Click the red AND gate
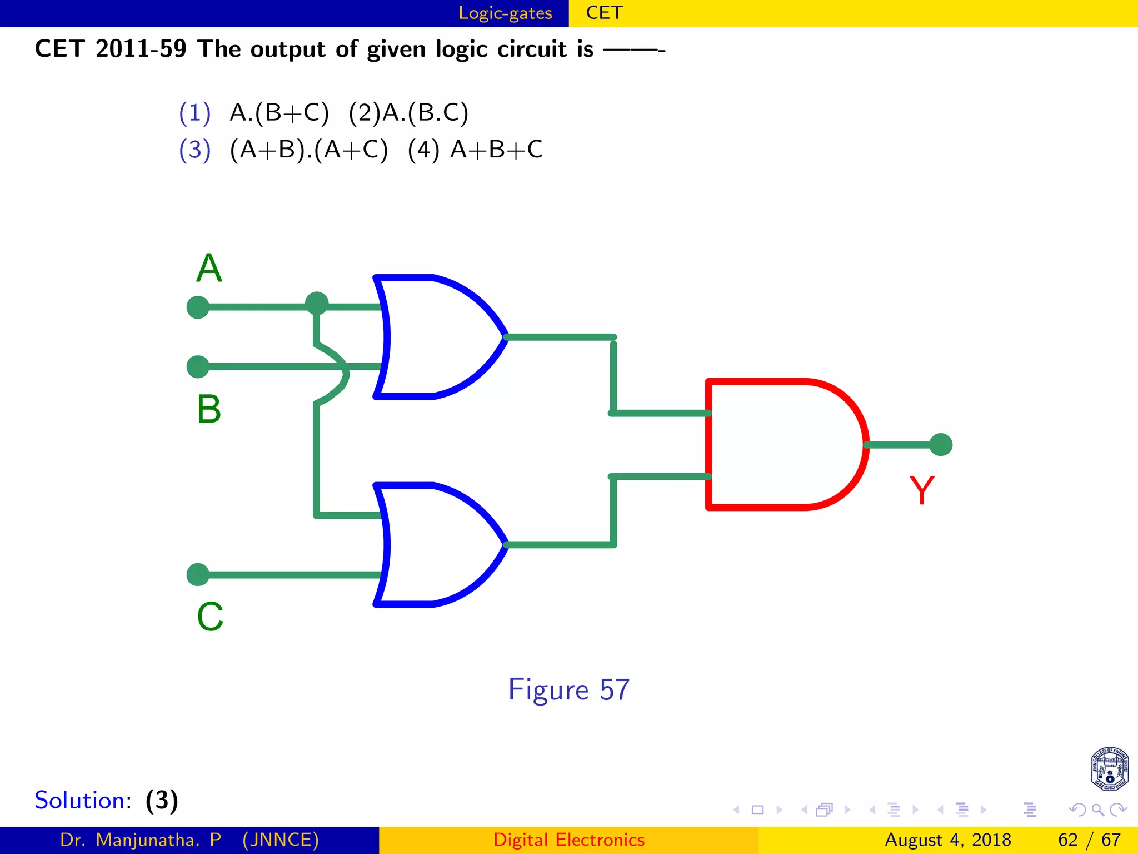(783, 444)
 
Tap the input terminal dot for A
(198, 307)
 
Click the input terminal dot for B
(198, 367)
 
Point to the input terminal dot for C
(198, 574)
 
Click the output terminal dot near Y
(941, 444)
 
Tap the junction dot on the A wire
(317, 304)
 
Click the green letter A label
(209, 269)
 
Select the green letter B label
(209, 409)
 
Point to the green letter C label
(210, 617)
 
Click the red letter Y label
(922, 490)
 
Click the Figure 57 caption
(568, 690)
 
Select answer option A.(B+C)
(279, 113)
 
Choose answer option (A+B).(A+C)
(308, 150)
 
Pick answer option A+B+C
(496, 150)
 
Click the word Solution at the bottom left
(82, 801)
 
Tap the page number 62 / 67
(1089, 840)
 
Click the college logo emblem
(1109, 769)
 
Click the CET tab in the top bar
(604, 13)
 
